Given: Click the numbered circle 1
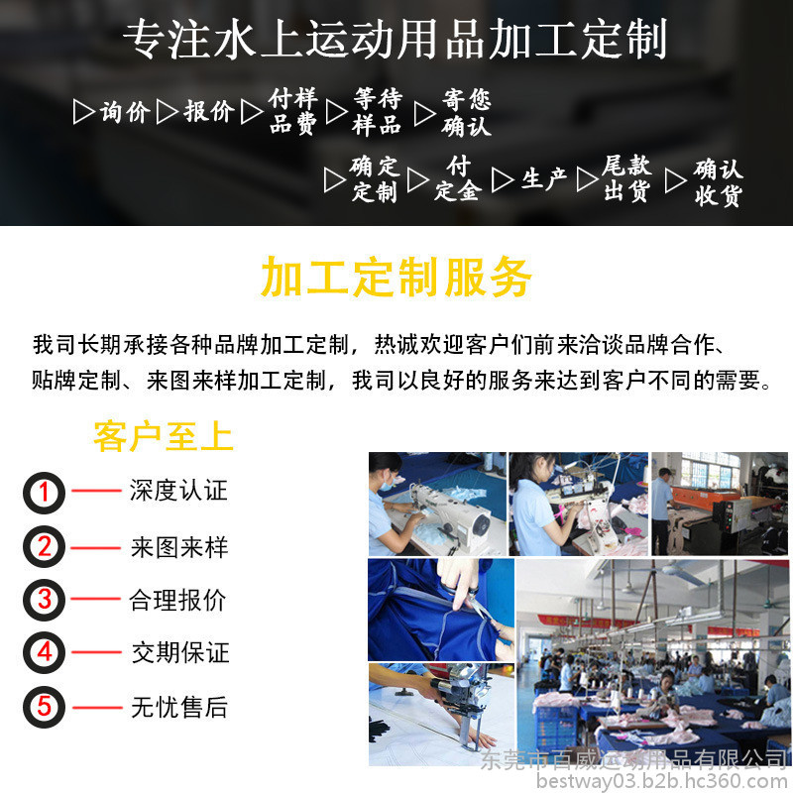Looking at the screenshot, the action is (44, 493).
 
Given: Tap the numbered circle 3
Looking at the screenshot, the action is (44, 600).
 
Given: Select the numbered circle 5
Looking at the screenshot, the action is (44, 707).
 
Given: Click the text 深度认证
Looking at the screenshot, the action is (178, 490).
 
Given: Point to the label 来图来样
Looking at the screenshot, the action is (179, 547).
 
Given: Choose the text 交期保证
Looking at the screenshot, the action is (180, 652).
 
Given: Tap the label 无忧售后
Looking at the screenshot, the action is (179, 707).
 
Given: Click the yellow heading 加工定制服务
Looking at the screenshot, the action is (396, 278).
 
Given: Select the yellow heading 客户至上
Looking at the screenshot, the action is (164, 436).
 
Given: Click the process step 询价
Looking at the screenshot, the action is (125, 112).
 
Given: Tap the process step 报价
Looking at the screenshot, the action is (209, 111).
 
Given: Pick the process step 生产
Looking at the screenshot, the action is (544, 179).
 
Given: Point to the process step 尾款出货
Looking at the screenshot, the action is (626, 179).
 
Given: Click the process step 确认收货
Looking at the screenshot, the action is (718, 182).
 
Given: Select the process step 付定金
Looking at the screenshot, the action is (458, 178).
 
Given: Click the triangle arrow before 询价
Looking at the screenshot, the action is (82, 112).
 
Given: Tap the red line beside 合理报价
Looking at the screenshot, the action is (96, 599).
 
